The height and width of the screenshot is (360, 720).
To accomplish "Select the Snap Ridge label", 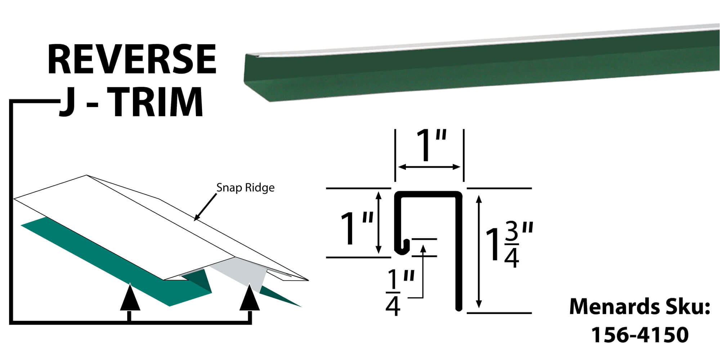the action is (x=245, y=188).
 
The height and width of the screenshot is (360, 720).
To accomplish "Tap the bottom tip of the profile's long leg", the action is (x=459, y=309).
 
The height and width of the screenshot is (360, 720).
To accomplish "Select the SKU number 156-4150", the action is (x=640, y=334).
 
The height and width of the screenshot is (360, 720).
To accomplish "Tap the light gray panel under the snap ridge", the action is (x=241, y=277).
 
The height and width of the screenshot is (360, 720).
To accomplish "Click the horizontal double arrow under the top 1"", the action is (x=429, y=167).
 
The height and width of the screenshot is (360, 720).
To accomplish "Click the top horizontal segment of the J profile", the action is (x=429, y=194).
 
